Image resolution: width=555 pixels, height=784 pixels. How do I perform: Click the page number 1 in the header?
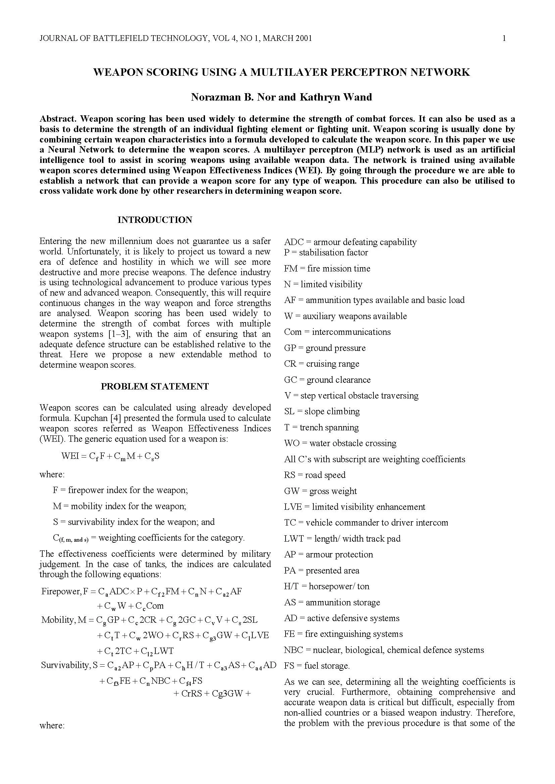[x=504, y=38]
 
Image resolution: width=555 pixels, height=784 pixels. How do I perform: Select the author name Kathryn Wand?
[x=336, y=97]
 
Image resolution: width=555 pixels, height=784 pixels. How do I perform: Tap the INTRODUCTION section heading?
[x=155, y=220]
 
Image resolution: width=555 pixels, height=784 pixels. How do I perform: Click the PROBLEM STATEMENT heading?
[x=155, y=386]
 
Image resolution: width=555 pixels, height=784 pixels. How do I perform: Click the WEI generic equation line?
[x=110, y=456]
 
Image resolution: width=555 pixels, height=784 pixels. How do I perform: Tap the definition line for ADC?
[x=350, y=242]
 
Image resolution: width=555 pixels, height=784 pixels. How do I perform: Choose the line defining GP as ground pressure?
[x=325, y=348]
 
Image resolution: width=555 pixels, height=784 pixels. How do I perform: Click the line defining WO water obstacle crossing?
[x=340, y=443]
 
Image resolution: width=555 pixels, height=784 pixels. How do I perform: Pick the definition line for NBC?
[x=384, y=650]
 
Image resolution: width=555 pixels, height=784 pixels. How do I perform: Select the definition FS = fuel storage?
[x=317, y=666]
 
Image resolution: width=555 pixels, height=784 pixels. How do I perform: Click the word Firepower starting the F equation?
[x=61, y=591]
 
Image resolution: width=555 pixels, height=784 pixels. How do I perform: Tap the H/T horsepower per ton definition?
[x=326, y=586]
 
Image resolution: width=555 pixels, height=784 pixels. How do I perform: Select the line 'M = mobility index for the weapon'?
[x=119, y=506]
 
